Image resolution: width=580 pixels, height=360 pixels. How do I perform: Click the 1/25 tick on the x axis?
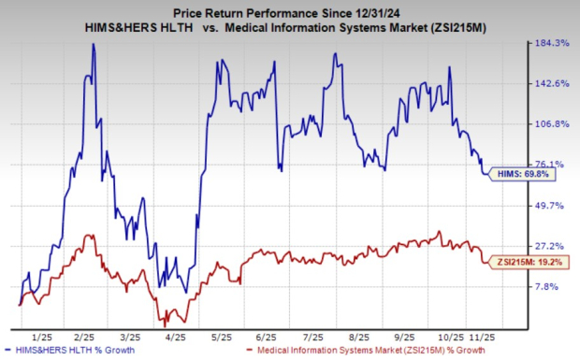41,335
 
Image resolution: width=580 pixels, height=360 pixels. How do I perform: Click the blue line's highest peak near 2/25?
94,45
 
